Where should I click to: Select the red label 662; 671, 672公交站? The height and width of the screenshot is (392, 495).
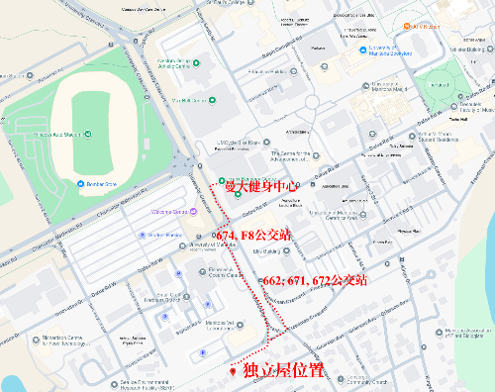click(313, 281)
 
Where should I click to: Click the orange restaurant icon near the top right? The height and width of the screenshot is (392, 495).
click(405, 27)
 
